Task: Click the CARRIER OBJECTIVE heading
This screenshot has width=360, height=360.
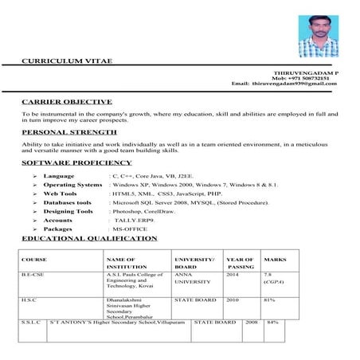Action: [x=61, y=104]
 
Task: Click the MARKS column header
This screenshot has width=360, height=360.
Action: [x=275, y=260]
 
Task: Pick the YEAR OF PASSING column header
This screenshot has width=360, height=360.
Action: [x=238, y=264]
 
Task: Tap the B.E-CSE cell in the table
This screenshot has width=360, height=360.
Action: [x=35, y=274]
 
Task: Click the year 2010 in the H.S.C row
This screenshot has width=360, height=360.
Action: [x=232, y=300]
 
